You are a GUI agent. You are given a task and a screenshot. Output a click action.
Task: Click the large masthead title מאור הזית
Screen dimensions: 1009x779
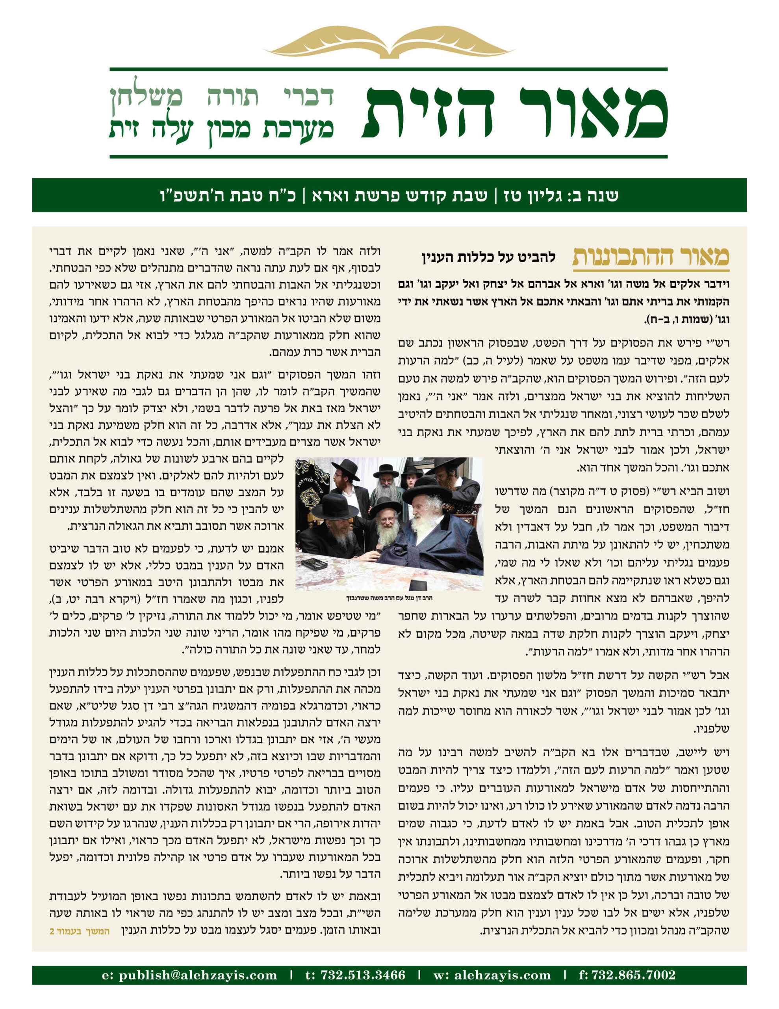point(515,113)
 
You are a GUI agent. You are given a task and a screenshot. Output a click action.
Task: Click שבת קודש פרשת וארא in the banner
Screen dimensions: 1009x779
point(399,195)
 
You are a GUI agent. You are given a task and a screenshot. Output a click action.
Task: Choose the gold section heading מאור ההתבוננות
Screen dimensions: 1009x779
point(650,257)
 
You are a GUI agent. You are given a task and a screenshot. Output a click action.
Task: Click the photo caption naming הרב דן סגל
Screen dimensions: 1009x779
point(389,598)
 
